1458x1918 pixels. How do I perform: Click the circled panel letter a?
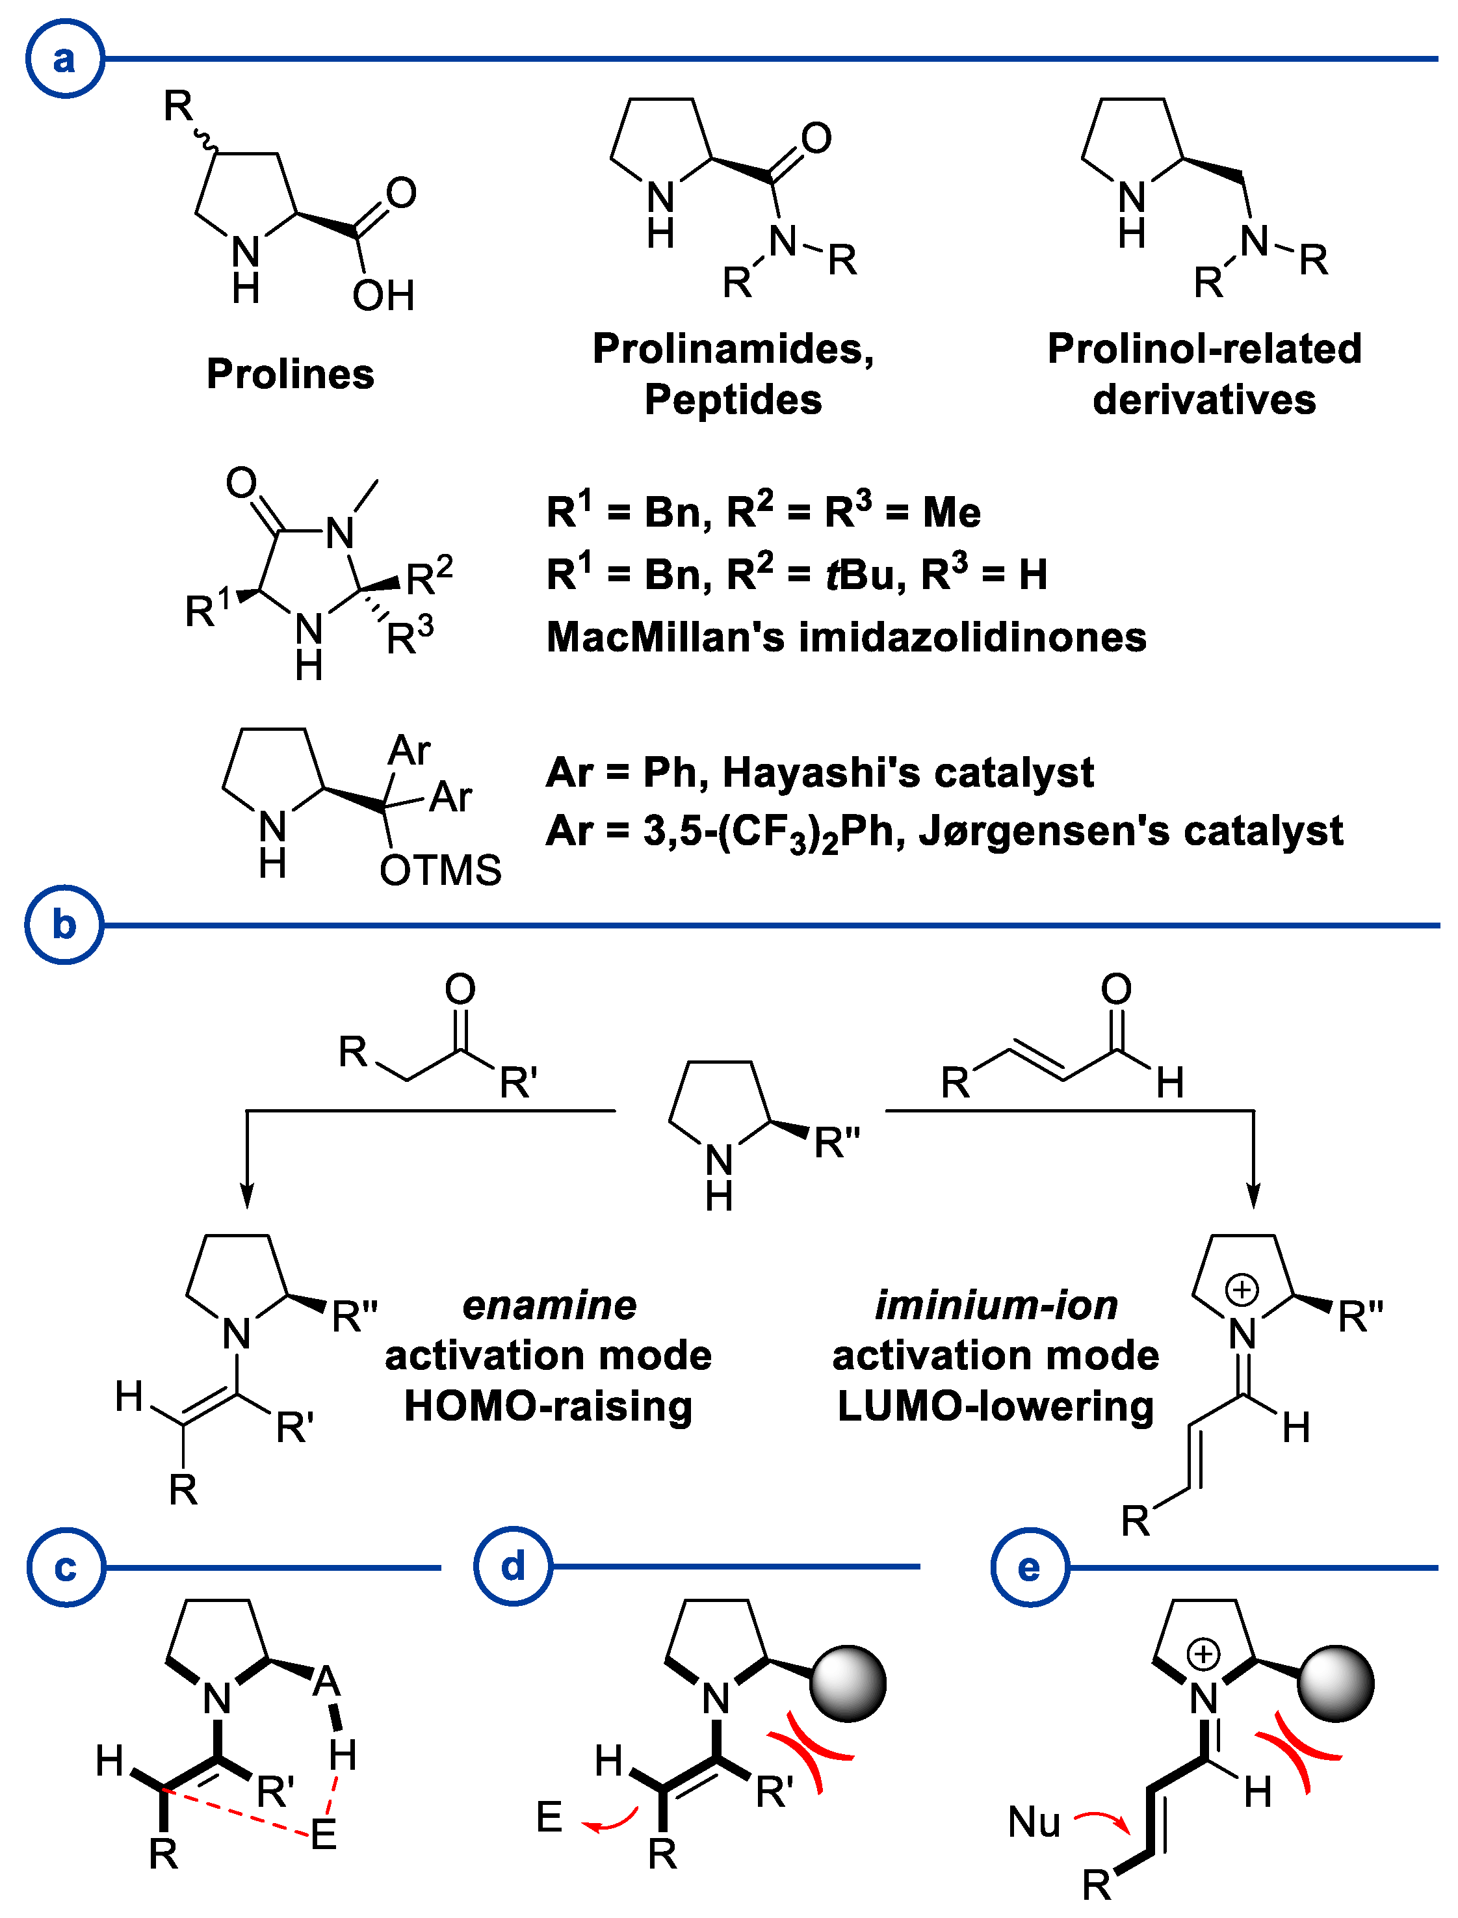tap(65, 59)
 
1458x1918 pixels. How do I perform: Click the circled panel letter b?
tap(65, 925)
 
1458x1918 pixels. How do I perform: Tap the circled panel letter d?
tap(514, 1566)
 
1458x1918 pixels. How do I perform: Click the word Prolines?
tap(290, 374)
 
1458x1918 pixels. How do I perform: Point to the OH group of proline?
tap(383, 296)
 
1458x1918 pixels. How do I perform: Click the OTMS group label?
tap(440, 871)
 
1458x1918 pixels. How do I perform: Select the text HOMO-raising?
tap(549, 1406)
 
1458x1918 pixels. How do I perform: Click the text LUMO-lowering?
tap(995, 1406)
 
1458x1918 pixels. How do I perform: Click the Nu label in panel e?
tap(1034, 1822)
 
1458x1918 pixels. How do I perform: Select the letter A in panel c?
tap(326, 1682)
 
